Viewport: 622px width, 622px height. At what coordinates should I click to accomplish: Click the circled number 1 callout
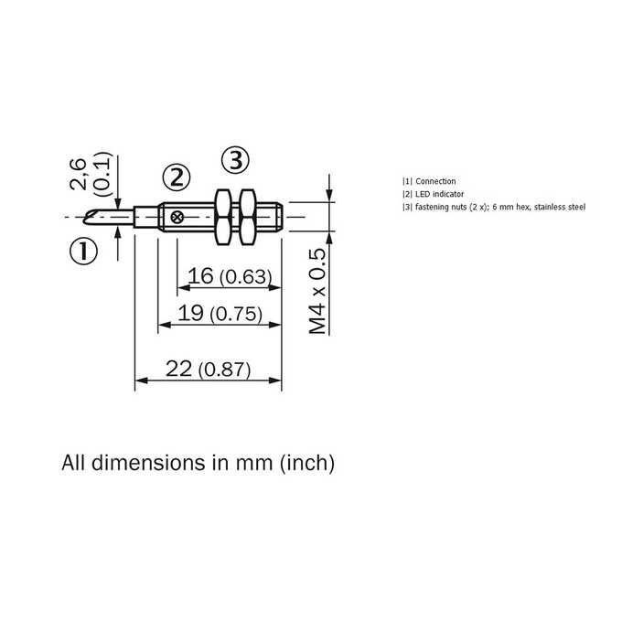click(83, 252)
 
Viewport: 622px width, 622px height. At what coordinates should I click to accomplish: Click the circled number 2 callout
click(177, 177)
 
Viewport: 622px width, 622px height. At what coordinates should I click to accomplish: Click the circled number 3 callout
click(236, 161)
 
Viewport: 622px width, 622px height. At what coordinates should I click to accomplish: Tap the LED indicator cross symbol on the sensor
click(177, 218)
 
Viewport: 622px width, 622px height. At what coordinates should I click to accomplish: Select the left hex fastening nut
click(223, 217)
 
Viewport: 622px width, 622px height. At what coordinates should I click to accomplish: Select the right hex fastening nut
click(248, 217)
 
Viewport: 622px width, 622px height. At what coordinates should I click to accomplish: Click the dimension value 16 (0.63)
click(230, 276)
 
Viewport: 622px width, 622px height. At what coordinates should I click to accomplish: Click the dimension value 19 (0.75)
click(220, 314)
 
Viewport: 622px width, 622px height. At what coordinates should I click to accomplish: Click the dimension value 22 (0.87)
click(209, 369)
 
